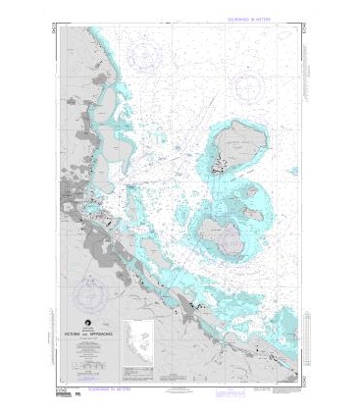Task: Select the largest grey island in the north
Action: coord(235,146)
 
